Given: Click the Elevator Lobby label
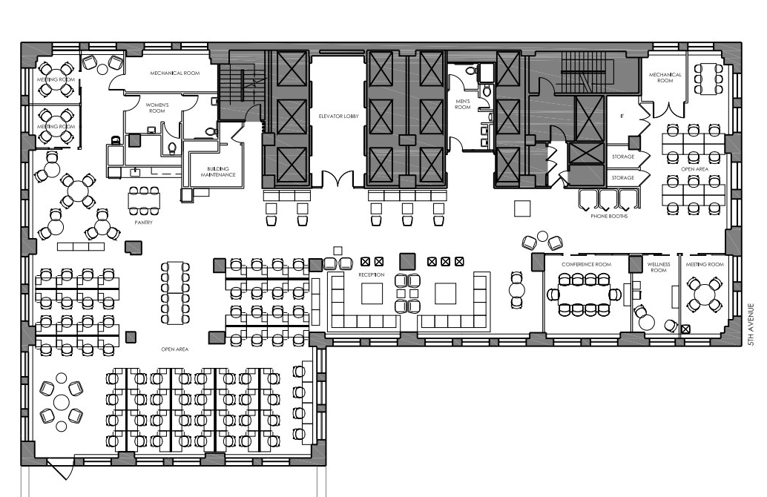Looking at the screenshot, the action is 338,116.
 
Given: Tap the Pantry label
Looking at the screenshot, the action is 143,223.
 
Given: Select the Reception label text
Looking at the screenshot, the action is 372,275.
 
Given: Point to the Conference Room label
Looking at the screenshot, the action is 586,265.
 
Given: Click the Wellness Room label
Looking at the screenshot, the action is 659,268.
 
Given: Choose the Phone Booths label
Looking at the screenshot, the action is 608,216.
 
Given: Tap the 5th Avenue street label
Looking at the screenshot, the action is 751,325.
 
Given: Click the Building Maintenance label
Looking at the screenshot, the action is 218,171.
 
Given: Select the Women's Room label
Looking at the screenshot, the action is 157,108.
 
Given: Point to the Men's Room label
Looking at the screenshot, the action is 462,104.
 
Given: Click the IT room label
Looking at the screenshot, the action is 622,116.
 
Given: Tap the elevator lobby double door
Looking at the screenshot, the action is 338,178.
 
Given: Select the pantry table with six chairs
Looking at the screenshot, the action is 144,200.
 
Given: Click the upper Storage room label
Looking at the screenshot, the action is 622,157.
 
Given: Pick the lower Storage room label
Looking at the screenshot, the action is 622,178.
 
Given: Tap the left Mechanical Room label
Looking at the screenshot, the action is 174,73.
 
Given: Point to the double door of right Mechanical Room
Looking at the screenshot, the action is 665,110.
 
